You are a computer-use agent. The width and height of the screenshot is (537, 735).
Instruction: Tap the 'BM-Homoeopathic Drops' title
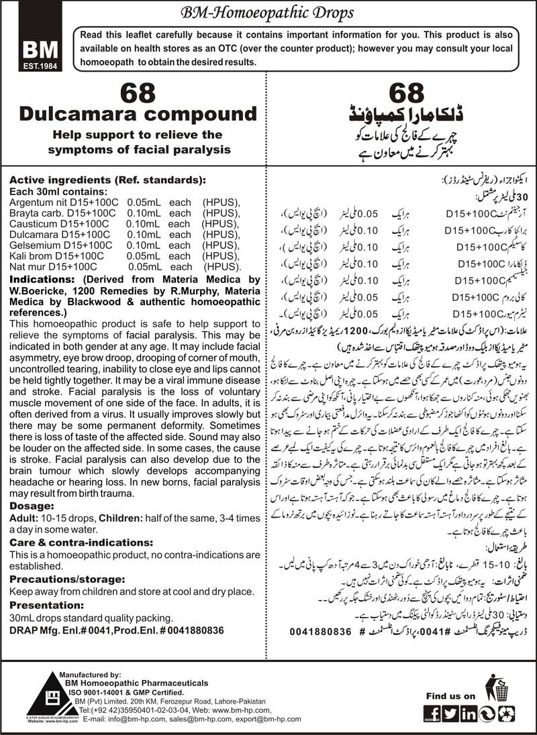pyautogui.click(x=268, y=12)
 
